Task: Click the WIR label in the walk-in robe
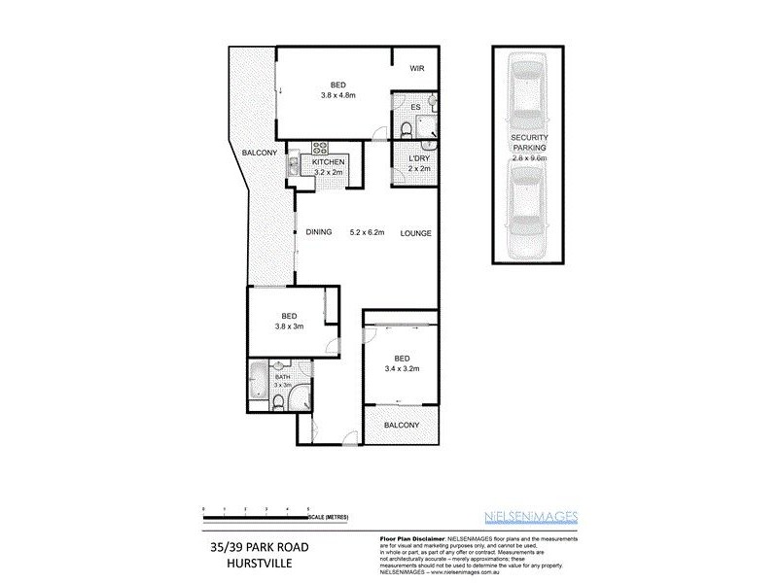tap(417, 68)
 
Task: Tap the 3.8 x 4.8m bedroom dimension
tap(338, 95)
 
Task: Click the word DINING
tap(319, 232)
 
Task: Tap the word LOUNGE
tap(415, 233)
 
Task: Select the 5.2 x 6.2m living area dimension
tap(368, 233)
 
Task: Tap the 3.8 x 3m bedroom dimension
tap(289, 327)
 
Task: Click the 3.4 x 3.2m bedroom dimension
tap(401, 368)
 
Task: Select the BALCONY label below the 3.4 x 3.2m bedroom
tap(401, 426)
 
